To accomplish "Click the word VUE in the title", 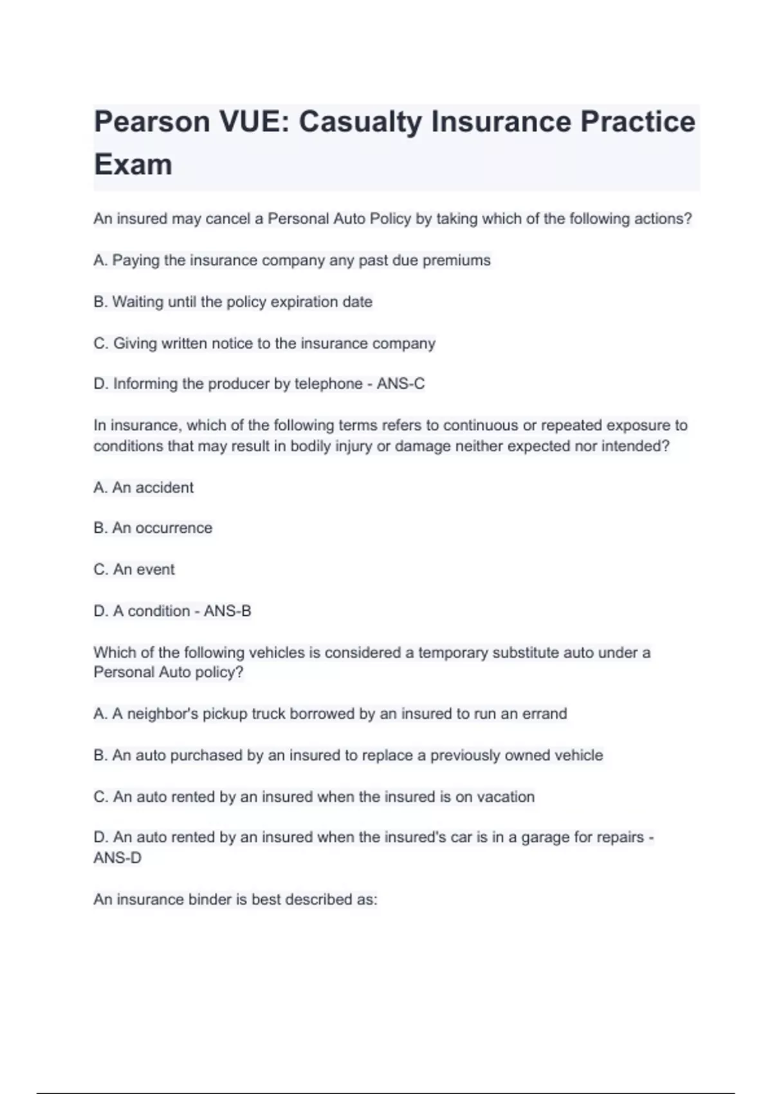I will tap(252, 122).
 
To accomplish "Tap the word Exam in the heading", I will tap(133, 164).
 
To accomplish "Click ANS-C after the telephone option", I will tap(401, 384).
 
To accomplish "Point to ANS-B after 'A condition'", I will tap(227, 611).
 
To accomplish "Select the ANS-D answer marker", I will tap(117, 858).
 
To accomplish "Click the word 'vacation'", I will tap(506, 797).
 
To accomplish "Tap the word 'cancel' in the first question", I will tap(228, 219).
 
